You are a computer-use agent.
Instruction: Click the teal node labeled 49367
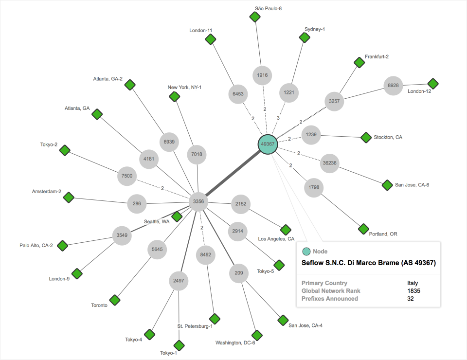(x=268, y=144)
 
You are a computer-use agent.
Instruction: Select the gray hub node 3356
(x=198, y=201)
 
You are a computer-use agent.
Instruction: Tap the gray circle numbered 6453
(x=238, y=94)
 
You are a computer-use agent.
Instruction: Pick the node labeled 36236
(x=330, y=163)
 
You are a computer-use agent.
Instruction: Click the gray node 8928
(x=393, y=85)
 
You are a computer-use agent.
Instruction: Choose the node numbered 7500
(x=127, y=176)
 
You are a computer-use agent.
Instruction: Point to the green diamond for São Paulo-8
(x=254, y=17)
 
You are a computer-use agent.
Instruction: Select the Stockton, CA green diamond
(x=366, y=138)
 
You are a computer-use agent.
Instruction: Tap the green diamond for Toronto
(x=115, y=300)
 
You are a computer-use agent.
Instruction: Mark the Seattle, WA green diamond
(x=177, y=216)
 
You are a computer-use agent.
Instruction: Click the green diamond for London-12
(x=432, y=84)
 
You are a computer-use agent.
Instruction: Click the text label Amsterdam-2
(x=47, y=191)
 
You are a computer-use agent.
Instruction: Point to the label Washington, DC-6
(x=235, y=343)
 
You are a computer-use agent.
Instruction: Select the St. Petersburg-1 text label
(x=195, y=326)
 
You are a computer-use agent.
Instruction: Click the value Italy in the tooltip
(x=413, y=283)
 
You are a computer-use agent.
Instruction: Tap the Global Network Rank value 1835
(x=413, y=290)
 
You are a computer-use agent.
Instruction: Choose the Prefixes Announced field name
(x=329, y=298)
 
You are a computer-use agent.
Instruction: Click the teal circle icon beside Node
(x=306, y=252)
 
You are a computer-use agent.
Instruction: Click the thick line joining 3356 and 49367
(x=233, y=173)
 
